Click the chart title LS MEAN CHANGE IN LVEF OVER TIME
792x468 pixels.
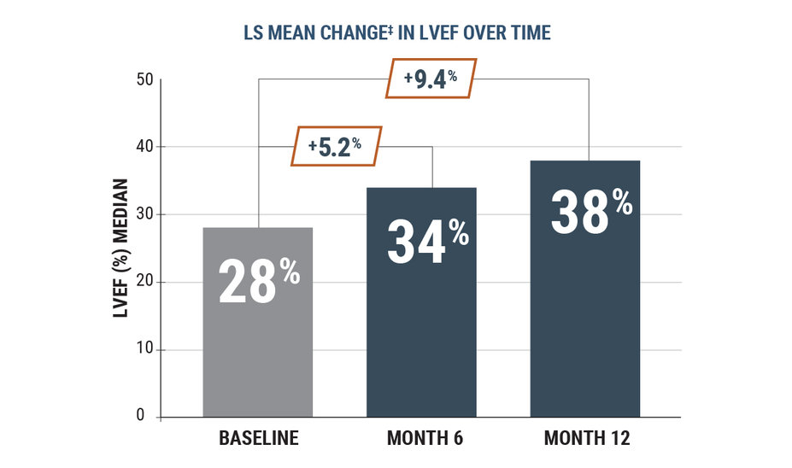(x=396, y=32)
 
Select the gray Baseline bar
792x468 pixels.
(x=257, y=359)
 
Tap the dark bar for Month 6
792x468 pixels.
(x=421, y=342)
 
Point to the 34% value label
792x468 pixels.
(x=426, y=240)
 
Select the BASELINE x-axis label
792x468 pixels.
(x=259, y=440)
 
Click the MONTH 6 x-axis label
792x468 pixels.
(x=423, y=440)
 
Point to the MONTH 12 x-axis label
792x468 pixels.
(x=587, y=440)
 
